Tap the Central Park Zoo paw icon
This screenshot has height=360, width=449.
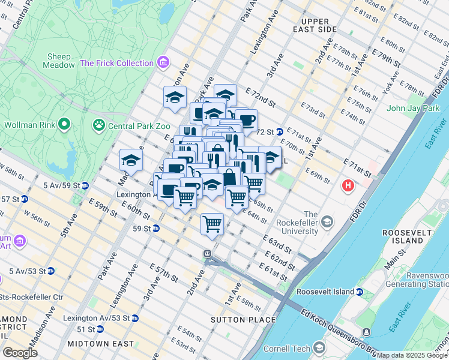point(98,125)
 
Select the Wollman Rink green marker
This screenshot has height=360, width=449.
point(64,125)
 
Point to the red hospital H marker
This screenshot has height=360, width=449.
point(348,186)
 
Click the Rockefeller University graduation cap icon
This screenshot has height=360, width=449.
point(327,223)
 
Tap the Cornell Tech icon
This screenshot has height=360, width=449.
point(319,347)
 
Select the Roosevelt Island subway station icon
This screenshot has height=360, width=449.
point(359,292)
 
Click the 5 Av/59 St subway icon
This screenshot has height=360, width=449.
point(85,185)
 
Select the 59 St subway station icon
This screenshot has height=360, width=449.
point(155,228)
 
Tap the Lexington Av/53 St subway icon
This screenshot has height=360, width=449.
point(135,317)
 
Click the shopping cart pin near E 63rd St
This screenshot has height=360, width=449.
point(212,224)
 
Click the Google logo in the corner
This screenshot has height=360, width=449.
point(20,352)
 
